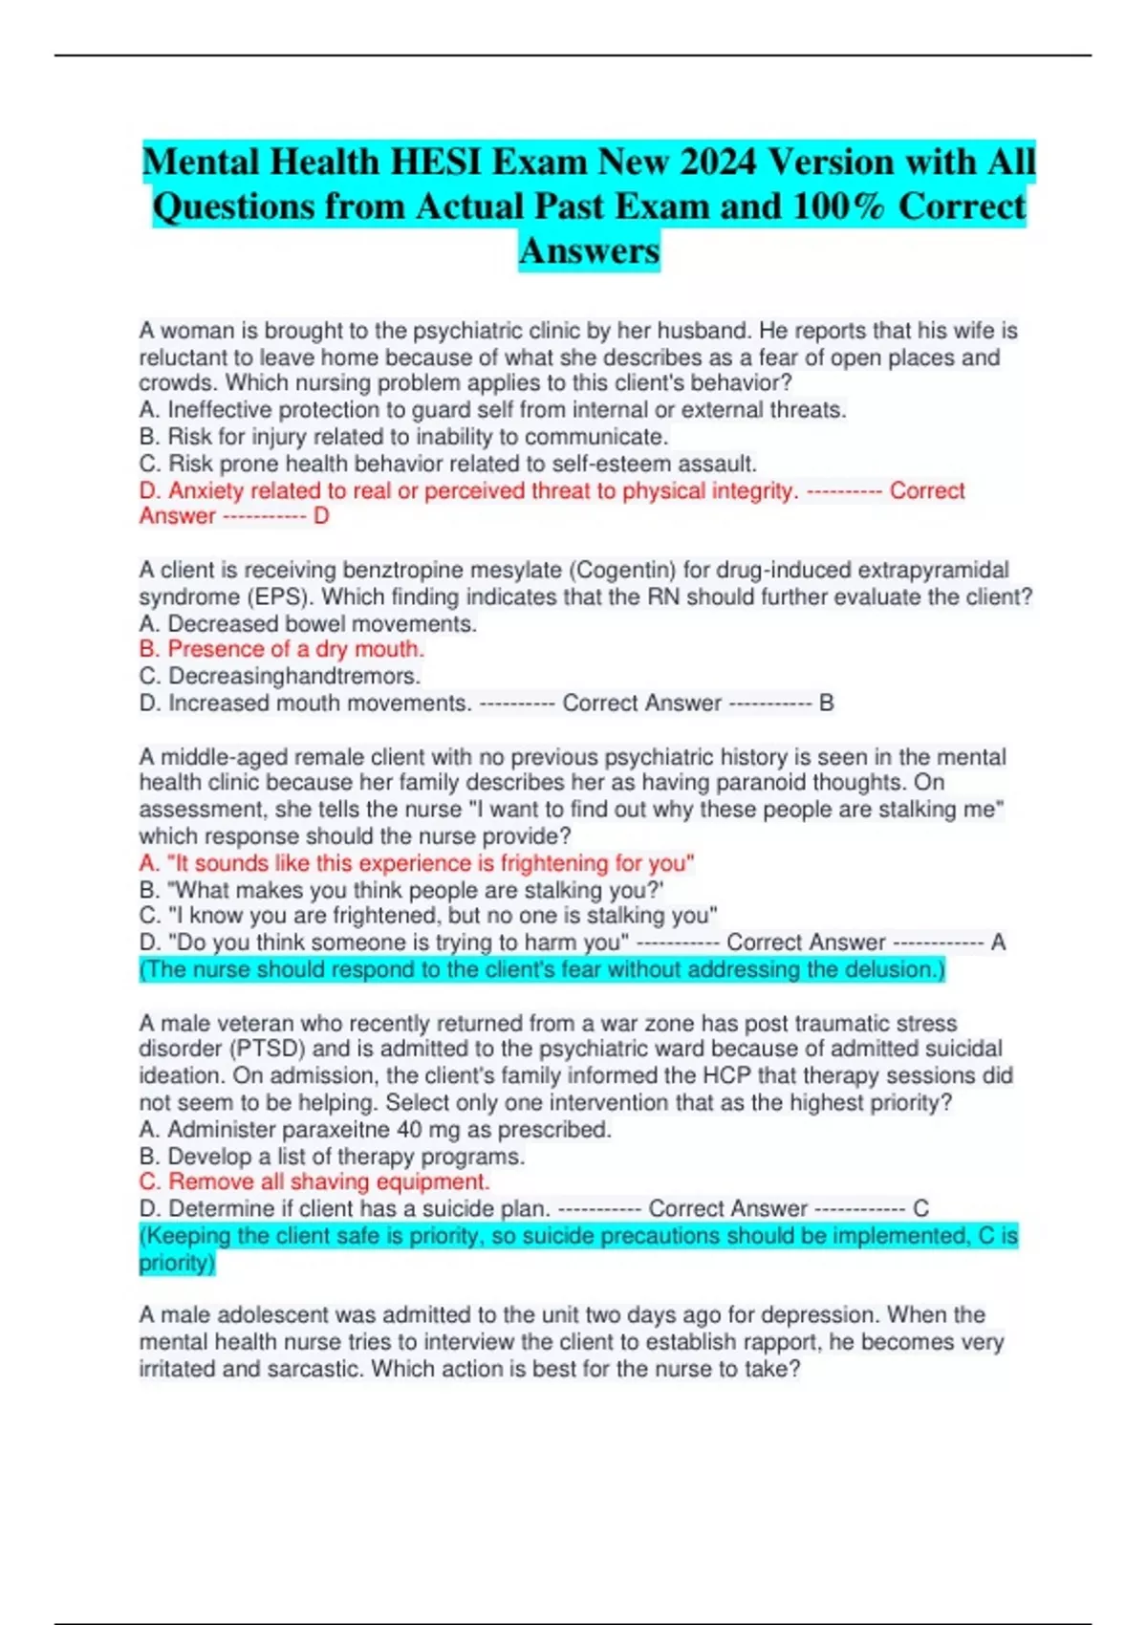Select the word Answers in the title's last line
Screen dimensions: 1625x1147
pos(589,251)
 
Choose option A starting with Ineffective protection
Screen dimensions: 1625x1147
pos(492,410)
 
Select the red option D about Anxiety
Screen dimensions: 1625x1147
pos(468,491)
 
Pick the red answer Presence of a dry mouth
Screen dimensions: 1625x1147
pos(282,649)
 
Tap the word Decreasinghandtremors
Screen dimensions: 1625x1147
pos(293,676)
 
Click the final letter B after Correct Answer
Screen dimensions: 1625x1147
pos(827,704)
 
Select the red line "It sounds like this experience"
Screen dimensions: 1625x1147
pos(417,863)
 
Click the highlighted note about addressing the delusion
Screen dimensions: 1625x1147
pos(542,970)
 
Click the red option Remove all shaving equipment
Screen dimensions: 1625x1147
pos(314,1182)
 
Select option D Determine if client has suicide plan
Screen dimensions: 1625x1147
pos(344,1209)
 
